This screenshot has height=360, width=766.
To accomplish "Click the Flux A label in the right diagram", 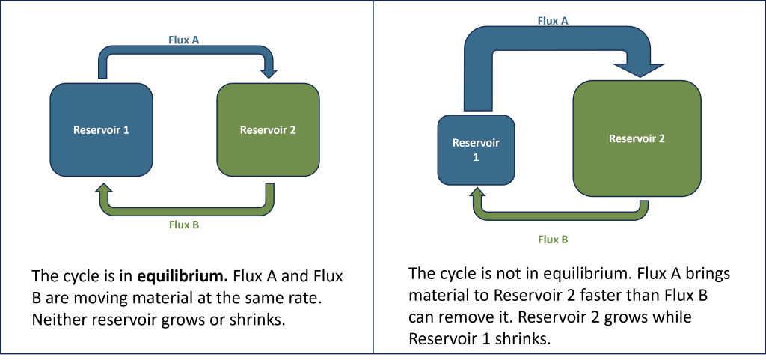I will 554,21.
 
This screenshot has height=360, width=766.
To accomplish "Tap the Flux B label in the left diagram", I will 183,223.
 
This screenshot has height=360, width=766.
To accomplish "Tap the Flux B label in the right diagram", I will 554,240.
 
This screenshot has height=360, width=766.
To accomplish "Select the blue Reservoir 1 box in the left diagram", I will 101,129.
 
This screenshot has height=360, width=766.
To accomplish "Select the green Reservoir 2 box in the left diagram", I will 268,129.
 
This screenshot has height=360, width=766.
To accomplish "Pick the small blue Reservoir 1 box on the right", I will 476,150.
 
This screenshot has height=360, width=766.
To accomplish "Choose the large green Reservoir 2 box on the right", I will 637,138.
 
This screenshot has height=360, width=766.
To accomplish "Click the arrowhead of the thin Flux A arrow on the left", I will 268,73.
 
